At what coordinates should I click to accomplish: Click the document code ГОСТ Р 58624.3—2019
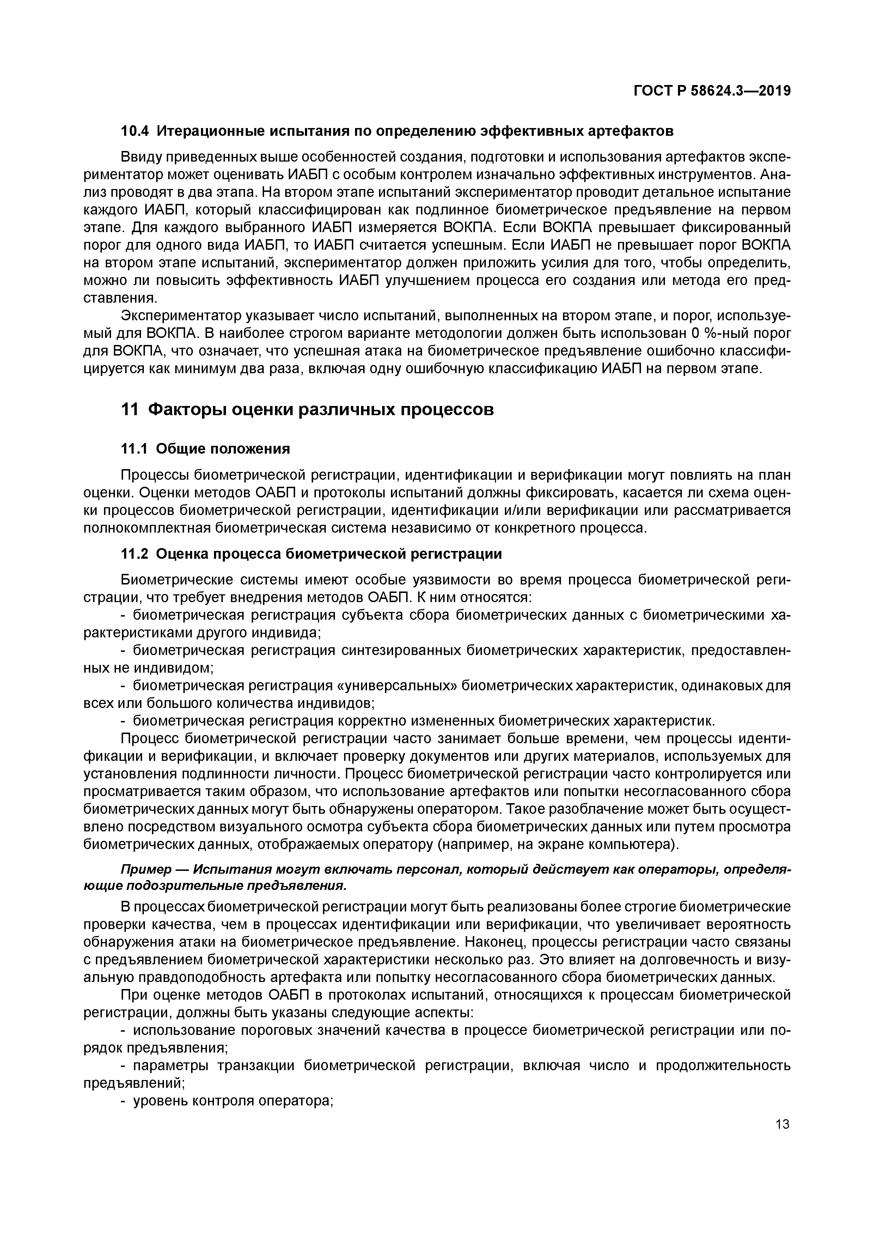pos(712,91)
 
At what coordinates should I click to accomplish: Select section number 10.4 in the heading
pos(134,131)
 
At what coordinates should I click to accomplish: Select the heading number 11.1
pos(134,449)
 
